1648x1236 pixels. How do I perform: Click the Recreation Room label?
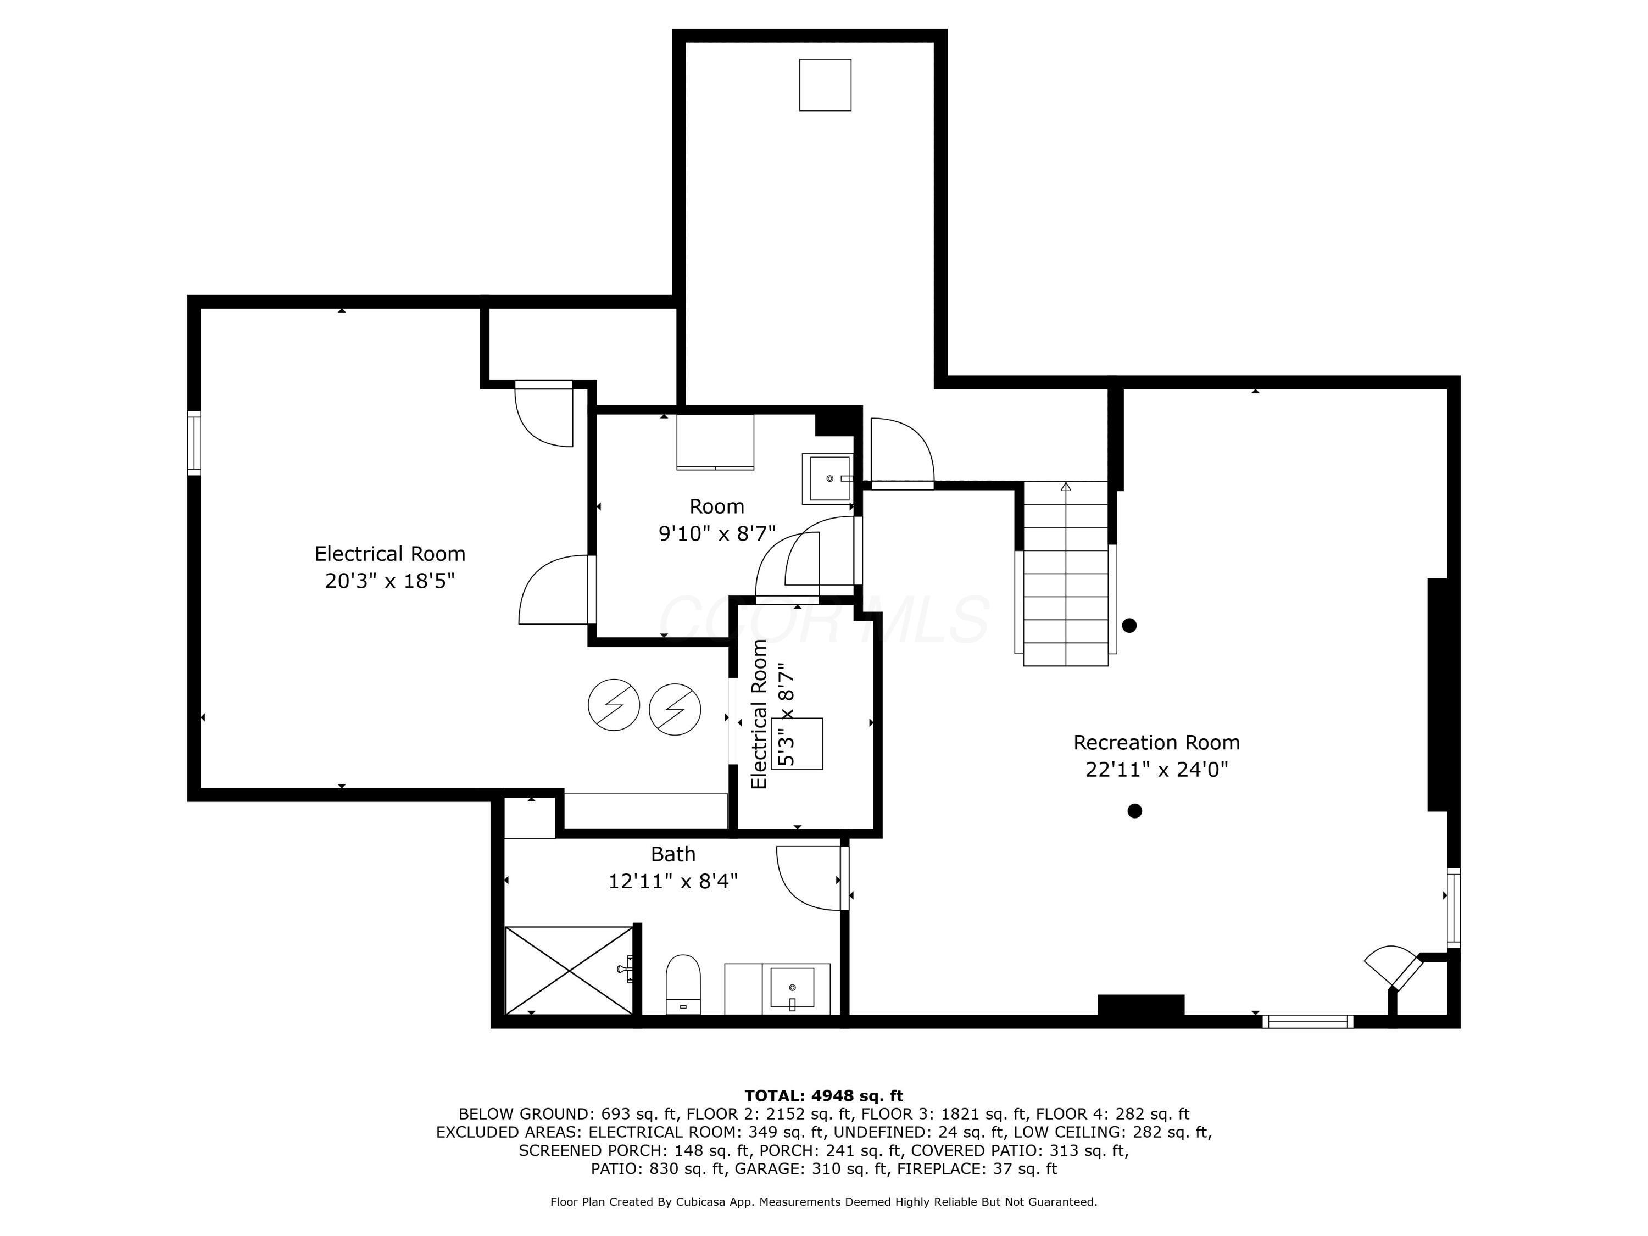click(x=1156, y=743)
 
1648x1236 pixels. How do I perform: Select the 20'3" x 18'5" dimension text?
click(x=389, y=581)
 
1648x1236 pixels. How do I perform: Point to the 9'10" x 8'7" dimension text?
click(x=717, y=533)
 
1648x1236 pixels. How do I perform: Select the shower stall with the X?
click(x=569, y=970)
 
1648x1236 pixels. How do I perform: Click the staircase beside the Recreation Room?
click(x=1065, y=574)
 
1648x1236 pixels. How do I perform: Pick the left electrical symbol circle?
click(x=614, y=705)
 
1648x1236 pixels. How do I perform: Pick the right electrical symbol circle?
click(x=675, y=709)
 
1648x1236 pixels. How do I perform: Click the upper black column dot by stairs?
click(x=1129, y=626)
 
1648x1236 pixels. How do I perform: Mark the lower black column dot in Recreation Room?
click(x=1135, y=811)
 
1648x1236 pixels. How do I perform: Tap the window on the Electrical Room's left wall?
click(x=194, y=443)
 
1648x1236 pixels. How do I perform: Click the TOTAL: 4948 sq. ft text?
click(x=823, y=1096)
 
